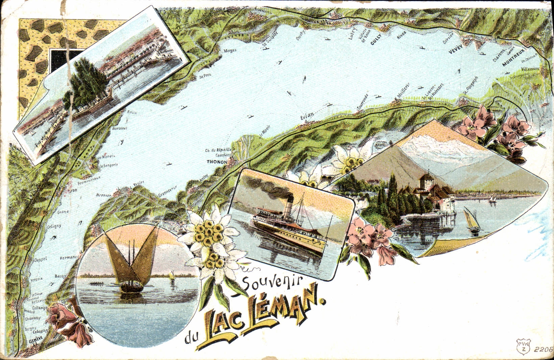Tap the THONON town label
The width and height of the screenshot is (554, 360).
217,162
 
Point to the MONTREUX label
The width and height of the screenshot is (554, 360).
513,57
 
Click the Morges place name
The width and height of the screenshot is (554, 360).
230,50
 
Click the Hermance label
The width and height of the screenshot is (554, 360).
69,258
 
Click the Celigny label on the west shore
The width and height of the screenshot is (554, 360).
54,226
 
